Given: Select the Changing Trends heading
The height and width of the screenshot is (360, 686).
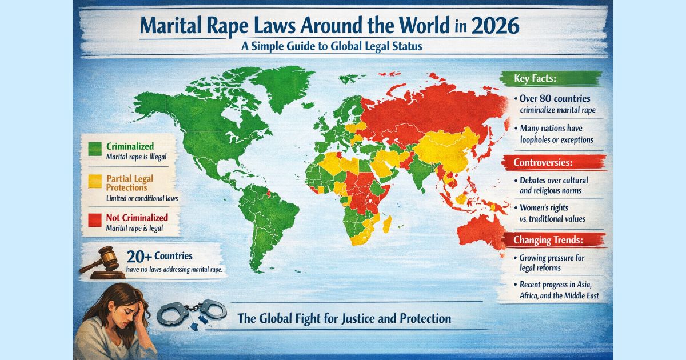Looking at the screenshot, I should coord(543,240).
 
